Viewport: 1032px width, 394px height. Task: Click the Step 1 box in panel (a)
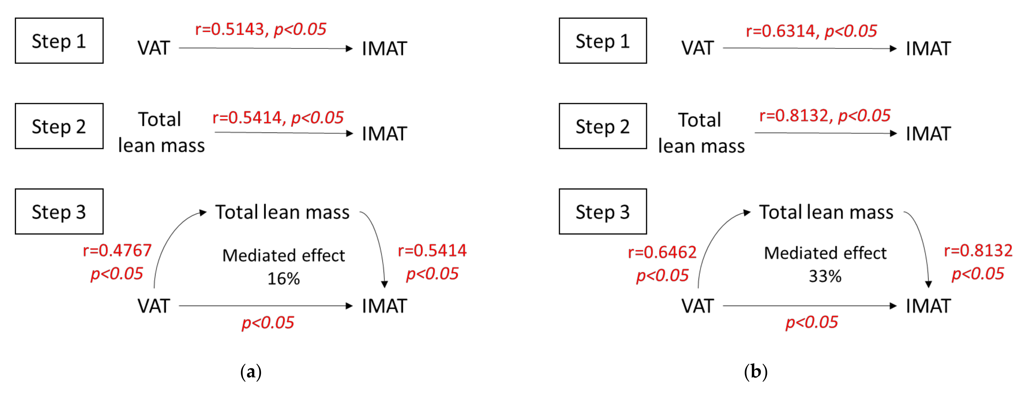point(59,41)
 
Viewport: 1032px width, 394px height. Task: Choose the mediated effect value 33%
point(825,276)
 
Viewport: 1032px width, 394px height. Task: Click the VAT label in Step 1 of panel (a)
point(154,48)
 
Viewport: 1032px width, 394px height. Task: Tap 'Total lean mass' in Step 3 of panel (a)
point(282,212)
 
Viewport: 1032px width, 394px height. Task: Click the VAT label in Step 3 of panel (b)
point(697,306)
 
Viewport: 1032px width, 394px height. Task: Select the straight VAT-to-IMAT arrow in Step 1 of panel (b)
point(809,48)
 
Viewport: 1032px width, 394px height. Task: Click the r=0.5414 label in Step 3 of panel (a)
point(432,251)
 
